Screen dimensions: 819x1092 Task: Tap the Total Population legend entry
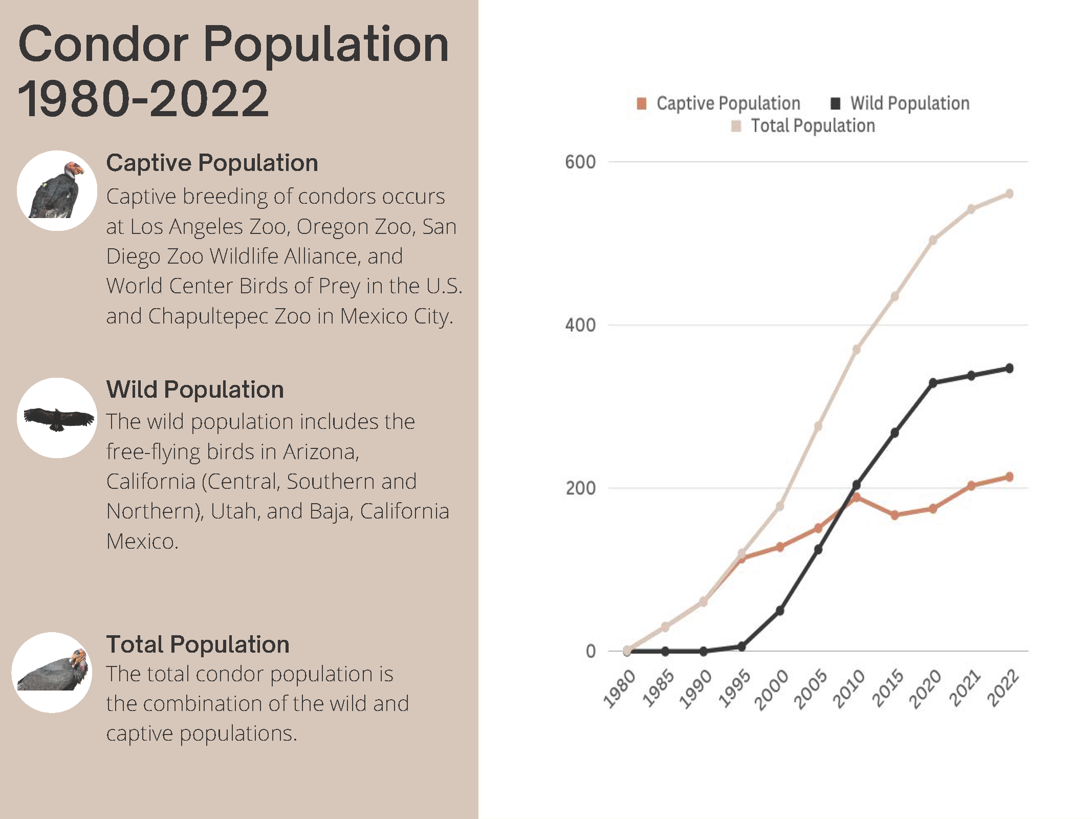tap(804, 126)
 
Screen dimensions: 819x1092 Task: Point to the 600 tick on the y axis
tap(580, 162)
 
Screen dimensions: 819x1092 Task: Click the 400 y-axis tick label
tap(580, 325)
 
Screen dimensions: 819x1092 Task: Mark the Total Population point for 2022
tap(1010, 194)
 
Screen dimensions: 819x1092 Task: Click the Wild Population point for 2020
tap(933, 383)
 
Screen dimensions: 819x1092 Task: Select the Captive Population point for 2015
tap(894, 515)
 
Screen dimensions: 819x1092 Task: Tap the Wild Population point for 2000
tap(780, 611)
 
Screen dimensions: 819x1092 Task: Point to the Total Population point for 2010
tap(857, 350)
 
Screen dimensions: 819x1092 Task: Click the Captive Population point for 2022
tap(1010, 477)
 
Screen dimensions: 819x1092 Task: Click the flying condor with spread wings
tap(58, 418)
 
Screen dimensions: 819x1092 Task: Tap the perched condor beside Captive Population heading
tap(56, 190)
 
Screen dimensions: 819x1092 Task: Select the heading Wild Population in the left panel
tap(195, 390)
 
